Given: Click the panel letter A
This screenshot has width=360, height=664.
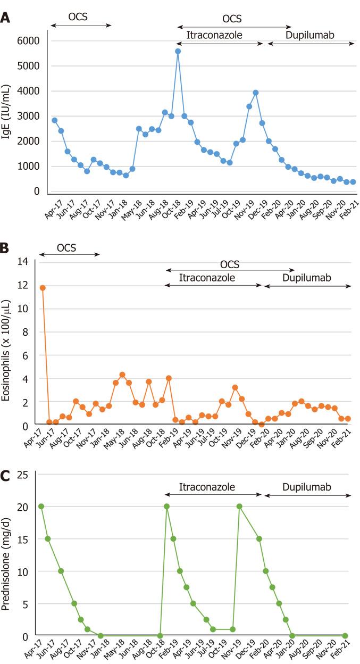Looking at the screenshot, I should point(5,18).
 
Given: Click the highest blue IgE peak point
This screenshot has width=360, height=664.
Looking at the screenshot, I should point(178,51).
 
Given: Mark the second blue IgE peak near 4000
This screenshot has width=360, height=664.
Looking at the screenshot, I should point(256,93).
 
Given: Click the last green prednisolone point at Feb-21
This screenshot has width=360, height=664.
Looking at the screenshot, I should point(345,636).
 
